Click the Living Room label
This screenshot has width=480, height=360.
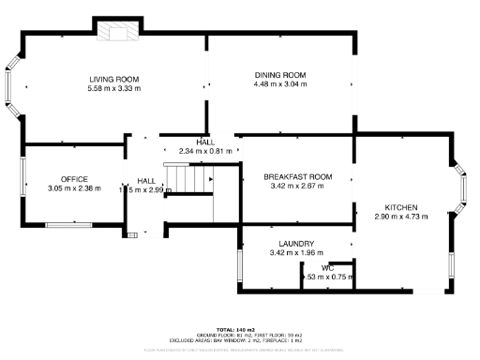point(114,79)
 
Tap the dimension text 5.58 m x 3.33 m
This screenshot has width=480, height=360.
point(114,88)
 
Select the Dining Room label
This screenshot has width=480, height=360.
point(280,74)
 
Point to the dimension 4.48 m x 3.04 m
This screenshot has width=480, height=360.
point(280,83)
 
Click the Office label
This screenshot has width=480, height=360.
point(74,178)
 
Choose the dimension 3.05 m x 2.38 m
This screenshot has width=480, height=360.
point(74,187)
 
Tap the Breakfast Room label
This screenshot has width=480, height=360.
point(297,176)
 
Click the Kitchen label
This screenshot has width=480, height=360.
point(400,206)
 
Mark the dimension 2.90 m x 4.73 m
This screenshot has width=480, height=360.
point(400,216)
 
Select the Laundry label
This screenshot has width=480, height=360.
point(295,244)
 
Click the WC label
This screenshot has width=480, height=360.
point(328,268)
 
